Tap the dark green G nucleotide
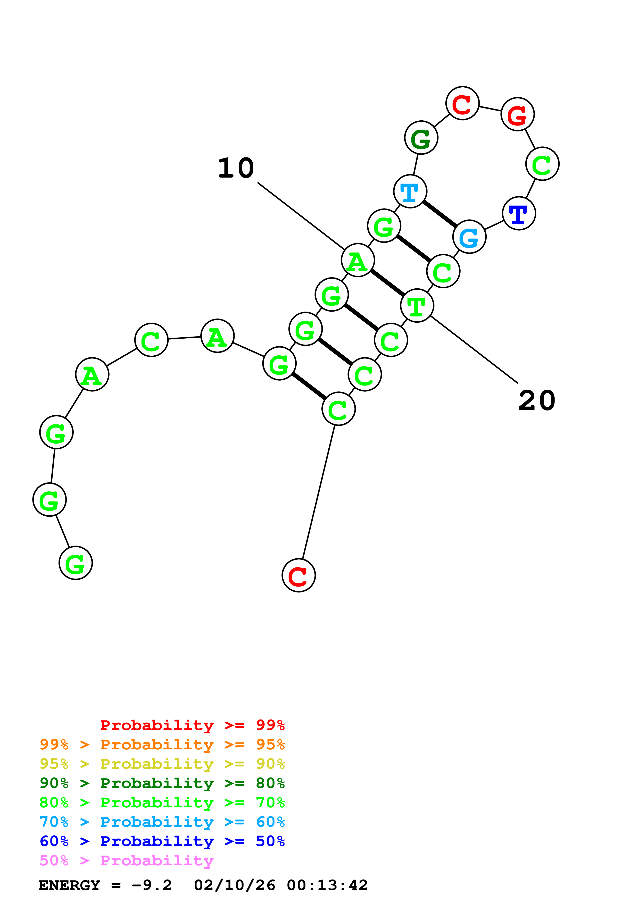(x=421, y=138)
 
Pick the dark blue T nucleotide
(x=519, y=213)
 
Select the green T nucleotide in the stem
(x=417, y=306)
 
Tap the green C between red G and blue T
(x=542, y=164)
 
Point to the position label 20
(x=537, y=401)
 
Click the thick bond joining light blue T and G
(x=440, y=214)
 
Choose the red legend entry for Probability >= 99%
(x=192, y=725)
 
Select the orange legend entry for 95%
(x=162, y=744)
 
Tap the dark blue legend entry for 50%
(x=162, y=841)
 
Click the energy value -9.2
(x=152, y=885)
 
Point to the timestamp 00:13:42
(x=327, y=885)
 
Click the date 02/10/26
(x=234, y=885)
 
